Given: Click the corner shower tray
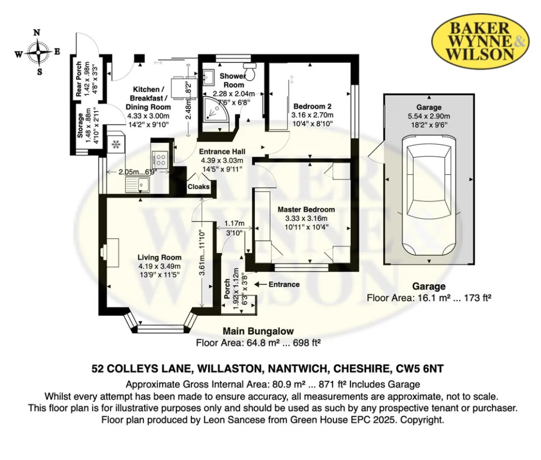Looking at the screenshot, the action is [x=214, y=108].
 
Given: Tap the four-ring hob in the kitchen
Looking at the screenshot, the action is [x=160, y=159].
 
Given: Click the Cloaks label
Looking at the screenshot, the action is [x=199, y=186].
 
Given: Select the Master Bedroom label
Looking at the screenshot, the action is [x=306, y=209].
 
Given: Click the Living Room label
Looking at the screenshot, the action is [x=160, y=257].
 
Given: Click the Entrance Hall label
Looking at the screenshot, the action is [x=222, y=152].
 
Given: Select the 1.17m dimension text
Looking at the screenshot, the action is [x=234, y=223].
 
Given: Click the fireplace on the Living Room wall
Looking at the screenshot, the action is [x=110, y=252].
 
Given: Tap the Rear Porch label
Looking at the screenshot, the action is [x=79, y=79].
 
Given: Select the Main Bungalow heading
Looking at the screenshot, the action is [x=258, y=331].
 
